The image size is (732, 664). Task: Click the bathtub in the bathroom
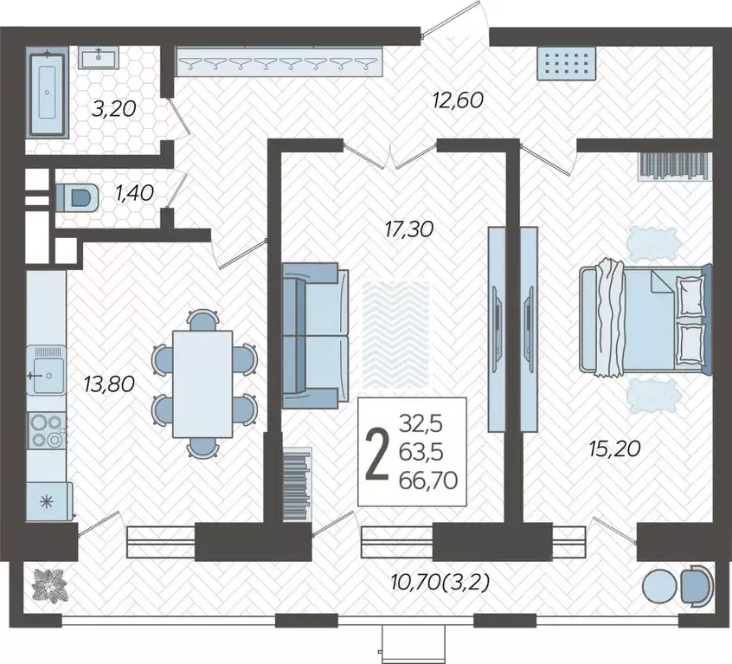47,93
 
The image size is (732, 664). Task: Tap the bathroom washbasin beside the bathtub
99,57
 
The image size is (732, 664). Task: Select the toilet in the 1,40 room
78,197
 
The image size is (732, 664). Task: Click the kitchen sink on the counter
46,371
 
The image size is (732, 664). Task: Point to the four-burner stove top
46,430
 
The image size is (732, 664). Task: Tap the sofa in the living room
315,335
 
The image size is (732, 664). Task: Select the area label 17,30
409,229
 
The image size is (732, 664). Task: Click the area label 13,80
109,384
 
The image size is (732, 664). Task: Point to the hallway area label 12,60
458,100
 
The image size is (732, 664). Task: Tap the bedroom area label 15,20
614,448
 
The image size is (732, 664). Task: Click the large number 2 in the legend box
377,454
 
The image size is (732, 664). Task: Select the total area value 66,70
428,480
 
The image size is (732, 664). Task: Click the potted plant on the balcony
50,585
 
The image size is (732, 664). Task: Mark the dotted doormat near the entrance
566,63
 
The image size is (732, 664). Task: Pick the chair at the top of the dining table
202,319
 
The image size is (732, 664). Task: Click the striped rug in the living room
395,334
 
